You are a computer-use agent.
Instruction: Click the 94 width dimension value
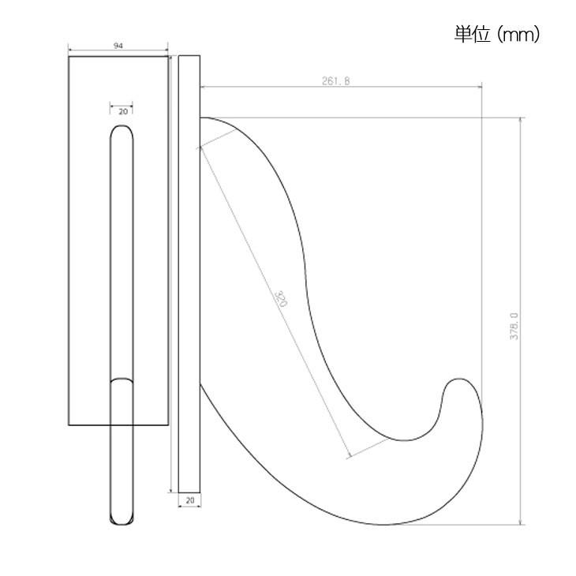(118, 47)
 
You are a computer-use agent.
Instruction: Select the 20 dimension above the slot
(122, 112)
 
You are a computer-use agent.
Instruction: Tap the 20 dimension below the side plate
(189, 500)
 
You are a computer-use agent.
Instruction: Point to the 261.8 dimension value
(335, 80)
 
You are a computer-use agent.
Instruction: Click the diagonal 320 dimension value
(280, 297)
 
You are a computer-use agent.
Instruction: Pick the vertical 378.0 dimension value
(514, 325)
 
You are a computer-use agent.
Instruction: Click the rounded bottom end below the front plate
(122, 518)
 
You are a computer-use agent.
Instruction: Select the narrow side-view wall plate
(189, 273)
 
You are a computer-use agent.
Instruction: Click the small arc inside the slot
(122, 380)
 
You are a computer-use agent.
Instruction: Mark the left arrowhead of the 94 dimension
(71, 55)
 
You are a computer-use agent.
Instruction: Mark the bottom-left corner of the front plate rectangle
(69, 425)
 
